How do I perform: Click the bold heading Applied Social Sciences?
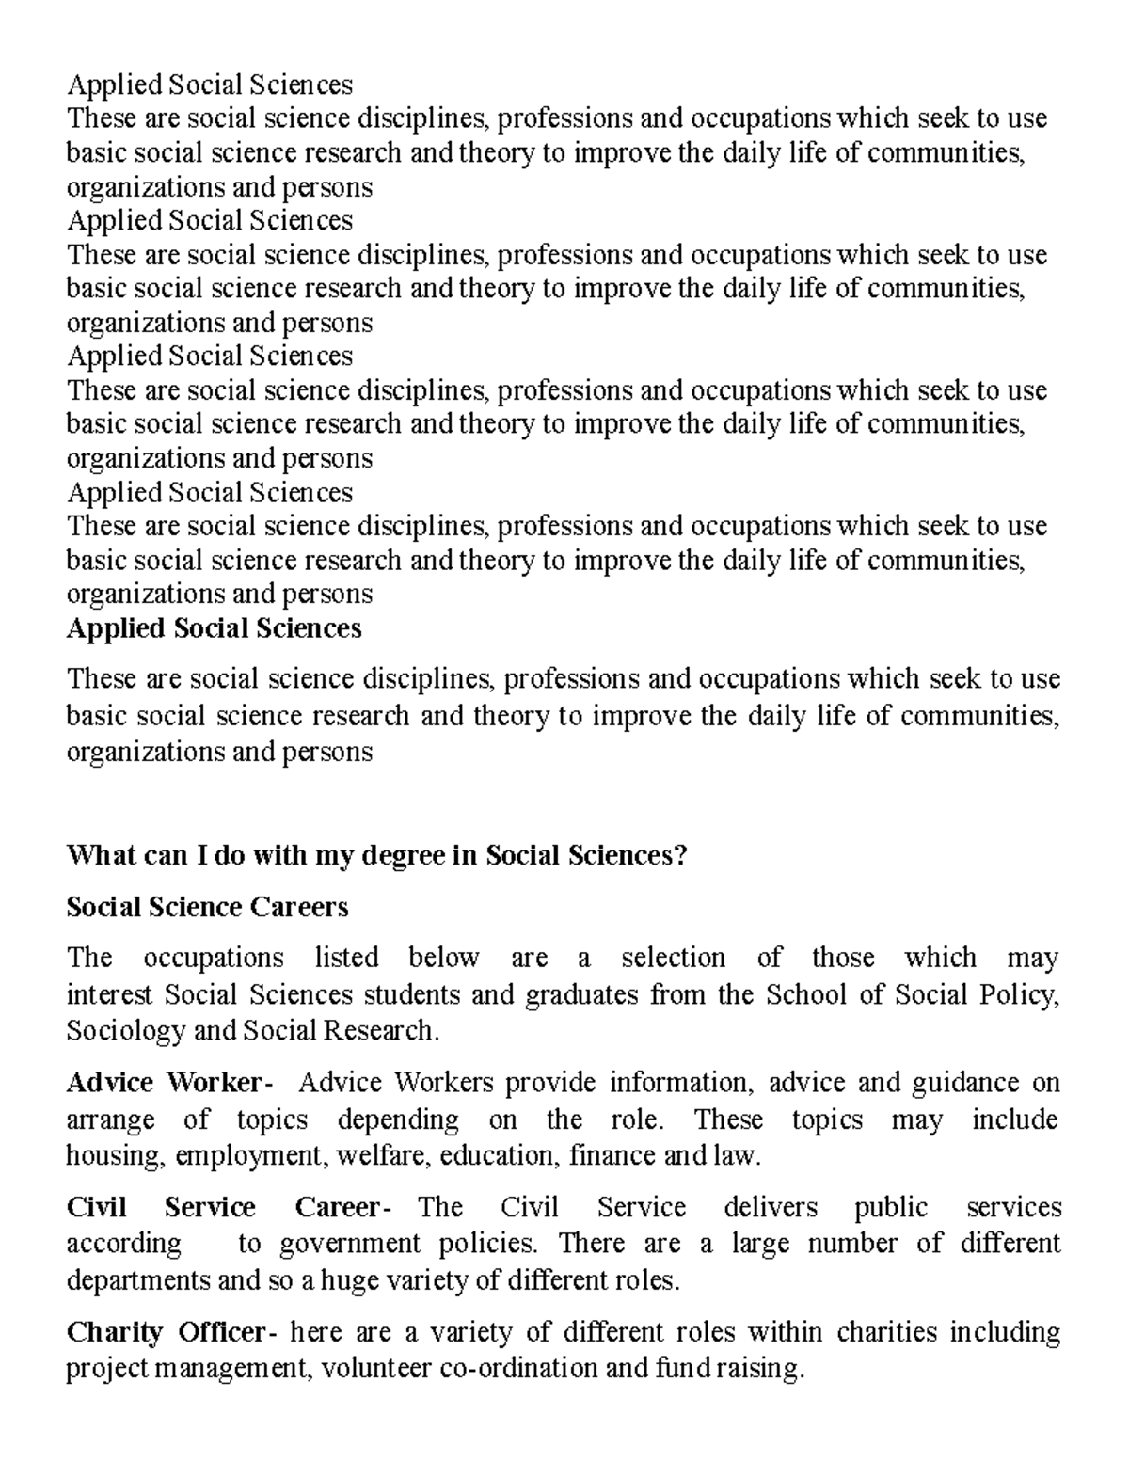(214, 628)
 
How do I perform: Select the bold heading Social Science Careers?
(207, 907)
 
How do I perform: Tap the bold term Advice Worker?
(166, 1083)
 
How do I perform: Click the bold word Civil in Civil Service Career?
(96, 1207)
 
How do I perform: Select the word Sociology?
(125, 1031)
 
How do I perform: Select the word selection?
(673, 958)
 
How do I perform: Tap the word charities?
(888, 1332)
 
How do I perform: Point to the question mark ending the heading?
(681, 856)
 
